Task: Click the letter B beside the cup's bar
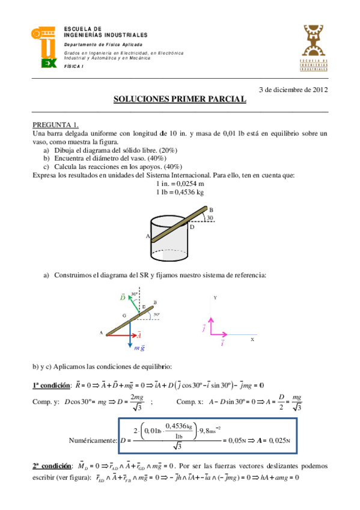pos(212,208)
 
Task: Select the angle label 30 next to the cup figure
pos(210,218)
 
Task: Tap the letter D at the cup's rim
pos(192,227)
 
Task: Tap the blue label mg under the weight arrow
pos(139,348)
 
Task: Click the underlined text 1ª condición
pos(50,385)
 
